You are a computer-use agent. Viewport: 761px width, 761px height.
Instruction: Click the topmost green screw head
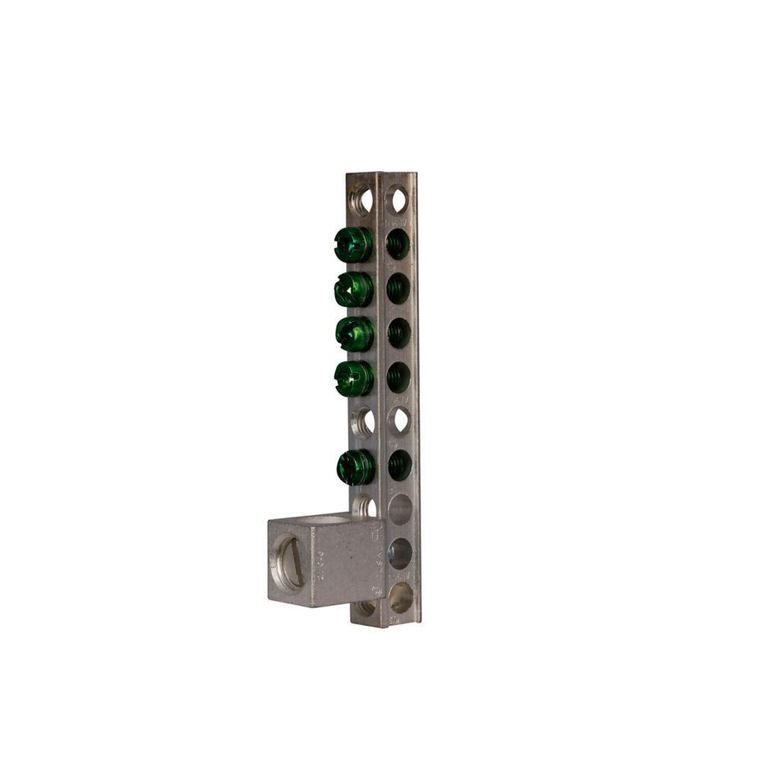pos(353,244)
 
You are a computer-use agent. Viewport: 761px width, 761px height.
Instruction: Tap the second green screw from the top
pos(353,289)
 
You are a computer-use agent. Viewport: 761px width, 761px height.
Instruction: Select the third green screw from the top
pos(354,333)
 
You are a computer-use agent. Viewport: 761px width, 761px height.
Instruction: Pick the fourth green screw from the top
pos(354,378)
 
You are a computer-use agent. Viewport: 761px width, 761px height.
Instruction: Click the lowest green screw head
pos(355,466)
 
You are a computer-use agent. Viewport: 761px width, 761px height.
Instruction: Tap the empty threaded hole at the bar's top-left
pos(363,200)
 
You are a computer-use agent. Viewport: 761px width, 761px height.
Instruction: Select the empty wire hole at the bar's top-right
pos(397,199)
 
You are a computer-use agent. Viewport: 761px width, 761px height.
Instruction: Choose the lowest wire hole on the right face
pos(400,597)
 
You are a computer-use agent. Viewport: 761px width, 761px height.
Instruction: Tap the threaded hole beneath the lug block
pos(367,607)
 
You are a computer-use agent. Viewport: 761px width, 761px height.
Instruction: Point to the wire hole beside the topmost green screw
pos(397,244)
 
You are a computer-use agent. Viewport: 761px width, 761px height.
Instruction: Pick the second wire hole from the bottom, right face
pos(400,553)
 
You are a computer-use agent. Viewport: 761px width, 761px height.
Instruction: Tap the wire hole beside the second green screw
pos(398,288)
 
